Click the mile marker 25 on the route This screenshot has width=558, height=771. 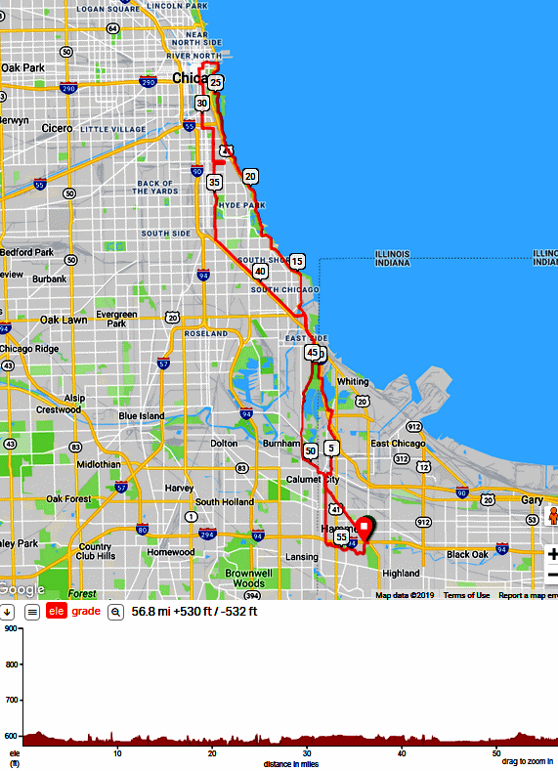[x=216, y=83]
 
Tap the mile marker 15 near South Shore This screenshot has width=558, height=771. [x=297, y=261]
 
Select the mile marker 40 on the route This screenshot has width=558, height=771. [x=260, y=271]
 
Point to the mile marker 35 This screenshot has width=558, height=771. [x=214, y=182]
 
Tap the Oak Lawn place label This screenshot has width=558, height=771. [x=64, y=320]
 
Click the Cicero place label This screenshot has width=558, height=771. [x=59, y=128]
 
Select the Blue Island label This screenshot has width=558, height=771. [x=142, y=415]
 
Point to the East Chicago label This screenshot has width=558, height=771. [x=398, y=444]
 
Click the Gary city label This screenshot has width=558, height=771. [x=533, y=499]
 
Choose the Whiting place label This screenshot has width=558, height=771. [x=353, y=381]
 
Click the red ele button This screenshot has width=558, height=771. [x=57, y=612]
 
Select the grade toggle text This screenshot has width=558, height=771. [x=87, y=612]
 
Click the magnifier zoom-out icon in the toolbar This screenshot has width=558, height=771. [x=115, y=612]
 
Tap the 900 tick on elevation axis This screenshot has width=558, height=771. [x=12, y=629]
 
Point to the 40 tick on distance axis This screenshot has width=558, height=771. [x=403, y=753]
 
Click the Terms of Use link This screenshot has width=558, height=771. [x=466, y=595]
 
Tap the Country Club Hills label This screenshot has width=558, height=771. [x=96, y=551]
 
